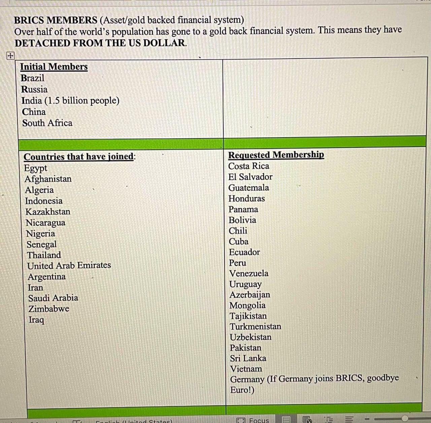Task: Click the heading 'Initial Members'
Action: tap(54, 67)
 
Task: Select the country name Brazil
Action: tap(33, 78)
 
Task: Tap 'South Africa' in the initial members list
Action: tap(47, 123)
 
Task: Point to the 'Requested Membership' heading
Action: tap(276, 155)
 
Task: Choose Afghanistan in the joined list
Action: tap(48, 179)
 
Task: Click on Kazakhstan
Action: tap(48, 212)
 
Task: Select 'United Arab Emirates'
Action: tap(69, 266)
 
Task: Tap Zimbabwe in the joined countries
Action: tap(49, 309)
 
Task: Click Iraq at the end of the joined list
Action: tap(36, 320)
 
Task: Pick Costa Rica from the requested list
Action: tap(249, 166)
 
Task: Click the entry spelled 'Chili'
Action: tap(238, 231)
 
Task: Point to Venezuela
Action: tap(249, 273)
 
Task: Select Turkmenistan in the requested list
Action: tap(256, 327)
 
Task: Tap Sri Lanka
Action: tap(248, 358)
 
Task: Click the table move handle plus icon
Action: tap(10, 56)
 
